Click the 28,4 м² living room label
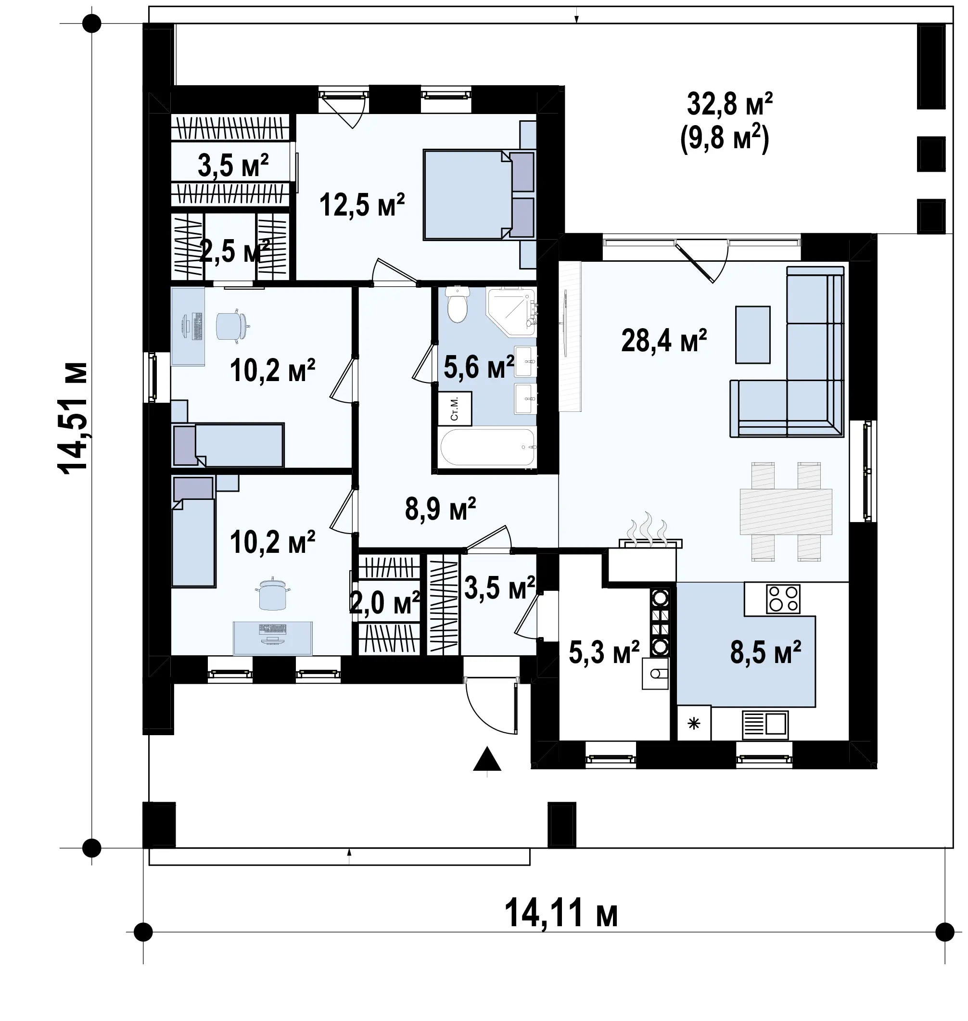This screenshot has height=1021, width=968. tap(663, 341)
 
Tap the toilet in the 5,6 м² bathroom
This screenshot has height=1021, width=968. tap(457, 305)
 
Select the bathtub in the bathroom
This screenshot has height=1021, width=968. tap(488, 447)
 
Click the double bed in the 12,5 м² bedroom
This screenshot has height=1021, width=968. tap(479, 195)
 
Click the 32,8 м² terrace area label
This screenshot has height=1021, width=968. tap(730, 104)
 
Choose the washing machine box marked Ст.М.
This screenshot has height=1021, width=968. tap(455, 408)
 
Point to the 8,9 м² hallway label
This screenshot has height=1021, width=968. tap(440, 509)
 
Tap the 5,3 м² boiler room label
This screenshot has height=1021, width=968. tap(604, 652)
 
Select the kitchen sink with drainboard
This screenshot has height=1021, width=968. tap(765, 724)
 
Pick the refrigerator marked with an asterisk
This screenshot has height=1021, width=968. tap(694, 723)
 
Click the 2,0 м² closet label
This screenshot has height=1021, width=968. tap(385, 602)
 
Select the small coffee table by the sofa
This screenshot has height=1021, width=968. tap(753, 335)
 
